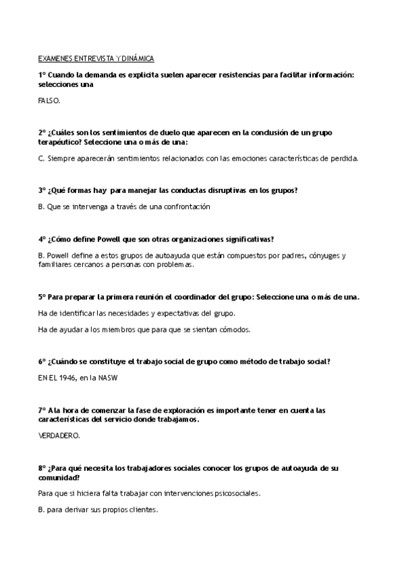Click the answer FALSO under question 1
pos(49,101)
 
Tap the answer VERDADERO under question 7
pos(59,436)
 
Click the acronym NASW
pos(108,378)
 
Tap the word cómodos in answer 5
pos(233,330)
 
